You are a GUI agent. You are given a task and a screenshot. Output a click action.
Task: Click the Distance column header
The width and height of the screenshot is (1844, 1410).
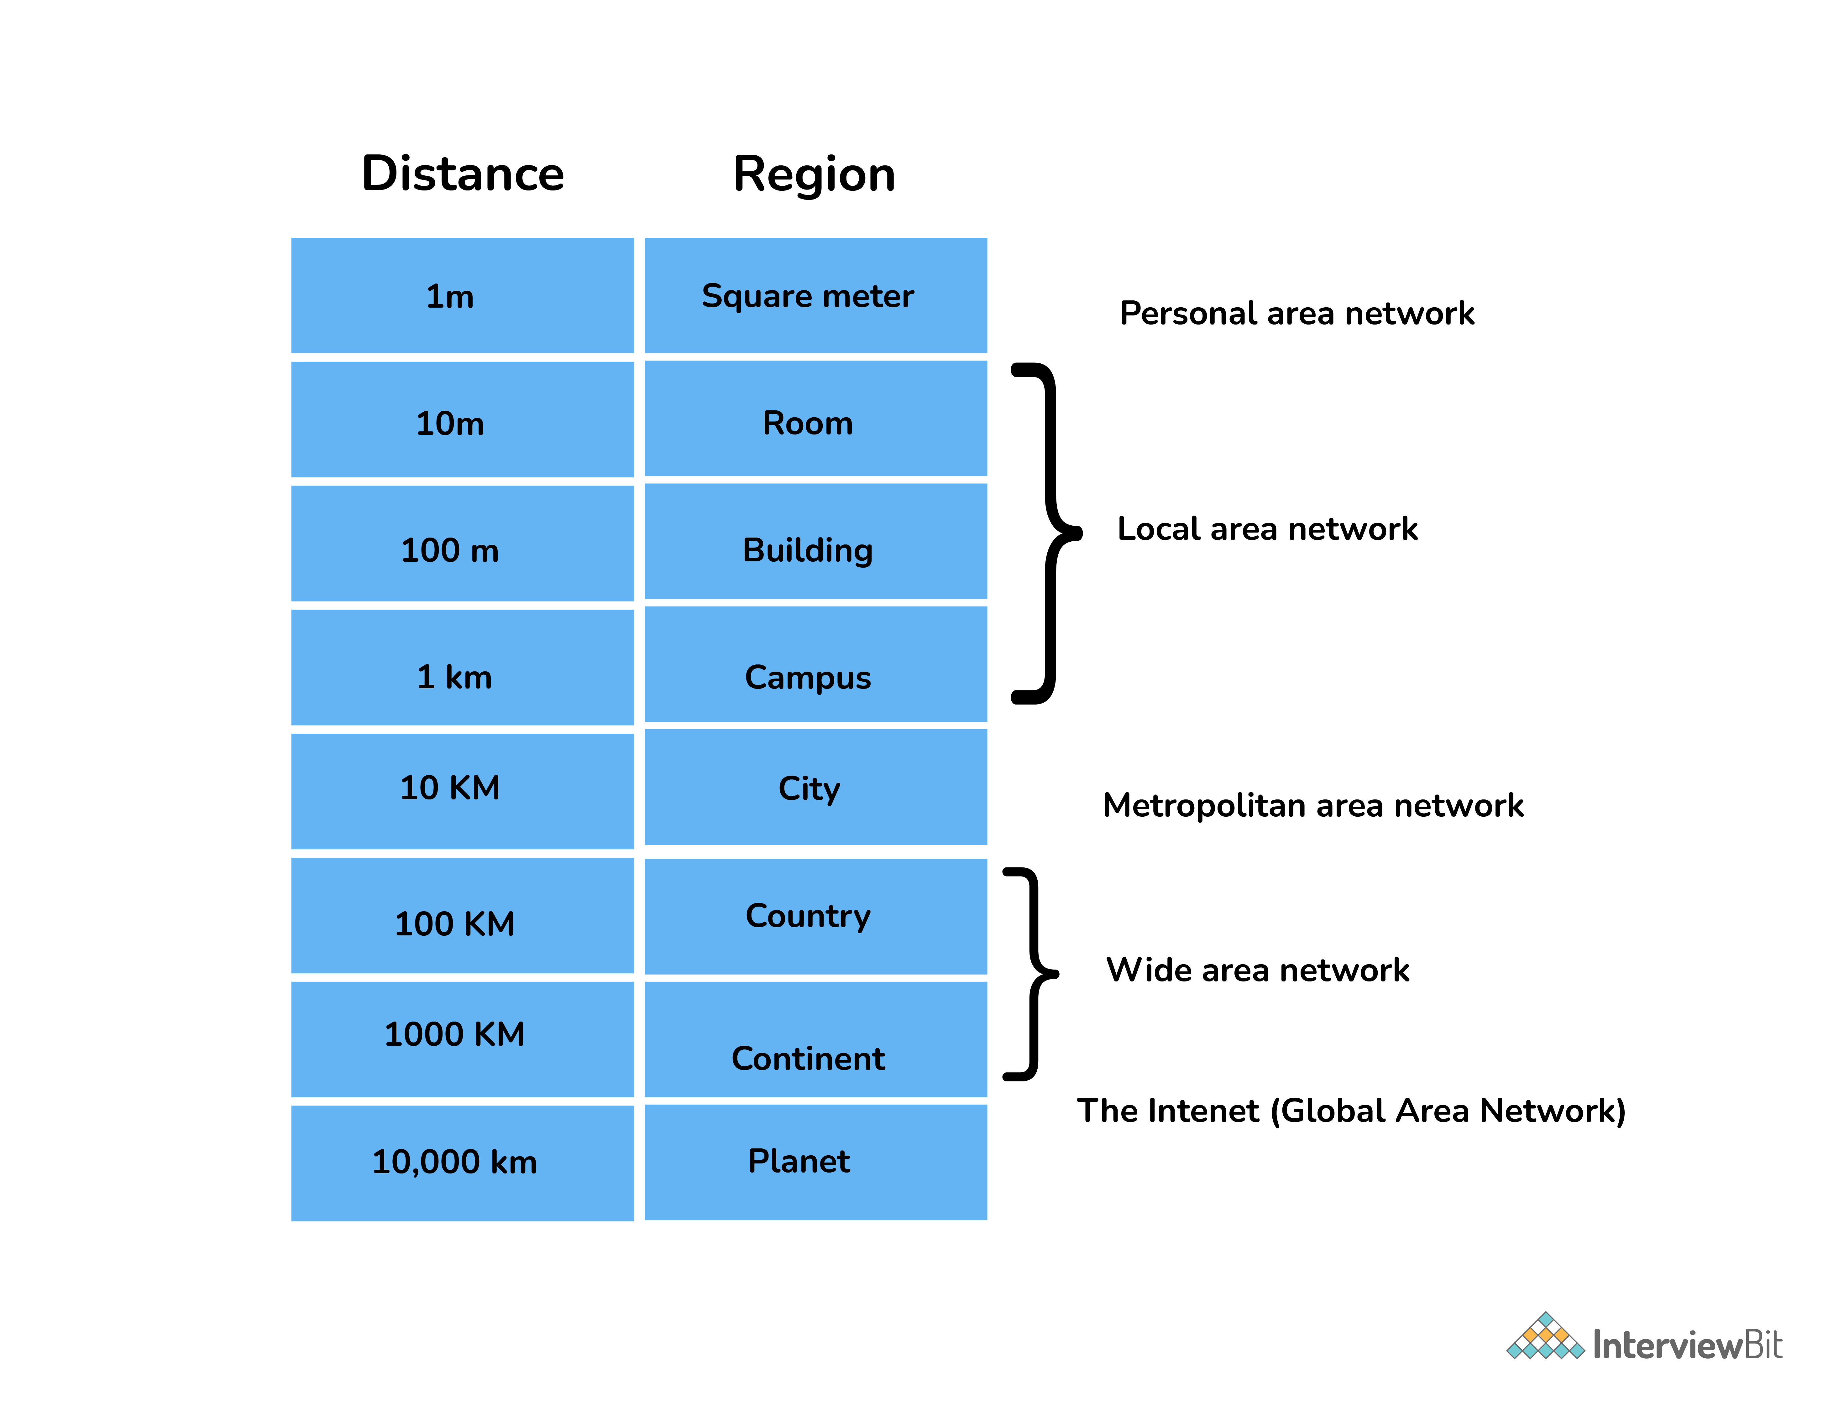click(x=463, y=174)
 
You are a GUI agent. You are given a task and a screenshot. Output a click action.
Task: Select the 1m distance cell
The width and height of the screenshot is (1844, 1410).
click(x=462, y=295)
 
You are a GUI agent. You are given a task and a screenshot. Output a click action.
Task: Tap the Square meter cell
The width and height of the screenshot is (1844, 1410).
click(x=815, y=295)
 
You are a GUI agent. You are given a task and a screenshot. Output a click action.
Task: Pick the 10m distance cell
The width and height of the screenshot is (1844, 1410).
click(x=462, y=420)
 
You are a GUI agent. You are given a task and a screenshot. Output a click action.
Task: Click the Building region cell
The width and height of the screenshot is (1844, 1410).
click(x=815, y=541)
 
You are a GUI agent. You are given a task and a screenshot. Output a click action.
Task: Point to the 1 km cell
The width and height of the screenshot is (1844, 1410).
click(x=462, y=667)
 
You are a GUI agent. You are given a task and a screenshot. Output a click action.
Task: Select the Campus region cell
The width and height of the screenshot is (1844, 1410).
click(x=815, y=664)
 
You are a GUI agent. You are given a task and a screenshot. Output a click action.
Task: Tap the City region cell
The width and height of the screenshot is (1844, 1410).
click(x=815, y=787)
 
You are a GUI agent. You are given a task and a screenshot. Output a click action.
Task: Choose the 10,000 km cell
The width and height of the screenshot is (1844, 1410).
click(x=462, y=1163)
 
